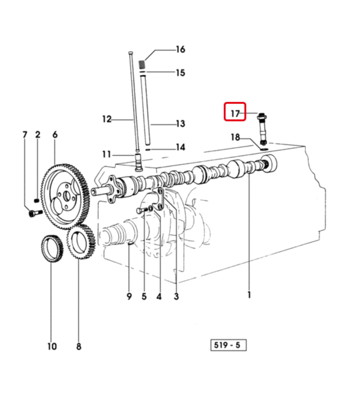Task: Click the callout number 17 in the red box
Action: pos(235,113)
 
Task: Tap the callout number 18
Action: pos(235,137)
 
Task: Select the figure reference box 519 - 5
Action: pos(228,345)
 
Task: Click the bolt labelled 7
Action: pos(36,213)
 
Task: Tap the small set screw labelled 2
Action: pos(36,201)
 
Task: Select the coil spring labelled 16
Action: pos(142,65)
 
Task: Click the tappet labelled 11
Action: pos(138,162)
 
